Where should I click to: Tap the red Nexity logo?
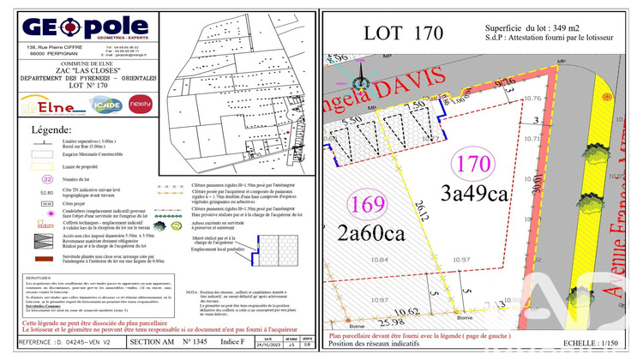140,106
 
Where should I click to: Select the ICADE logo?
107,106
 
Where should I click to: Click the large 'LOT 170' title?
403,33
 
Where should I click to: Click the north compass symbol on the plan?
361,83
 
